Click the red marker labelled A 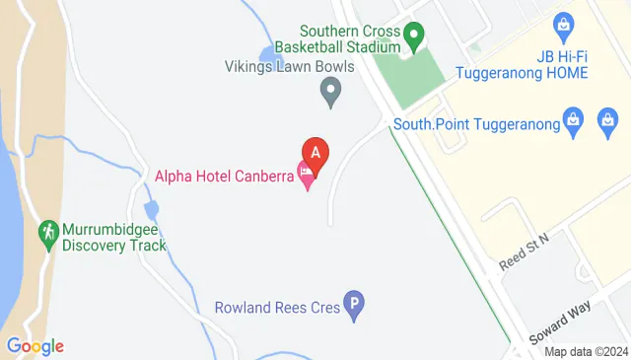tap(315, 153)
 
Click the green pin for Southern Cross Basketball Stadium tap(414, 39)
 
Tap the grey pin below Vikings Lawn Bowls tap(331, 95)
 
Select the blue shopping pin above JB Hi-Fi tap(564, 23)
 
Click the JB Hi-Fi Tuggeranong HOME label tap(523, 65)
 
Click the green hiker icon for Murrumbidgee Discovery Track tap(48, 232)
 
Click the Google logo tap(35, 345)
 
